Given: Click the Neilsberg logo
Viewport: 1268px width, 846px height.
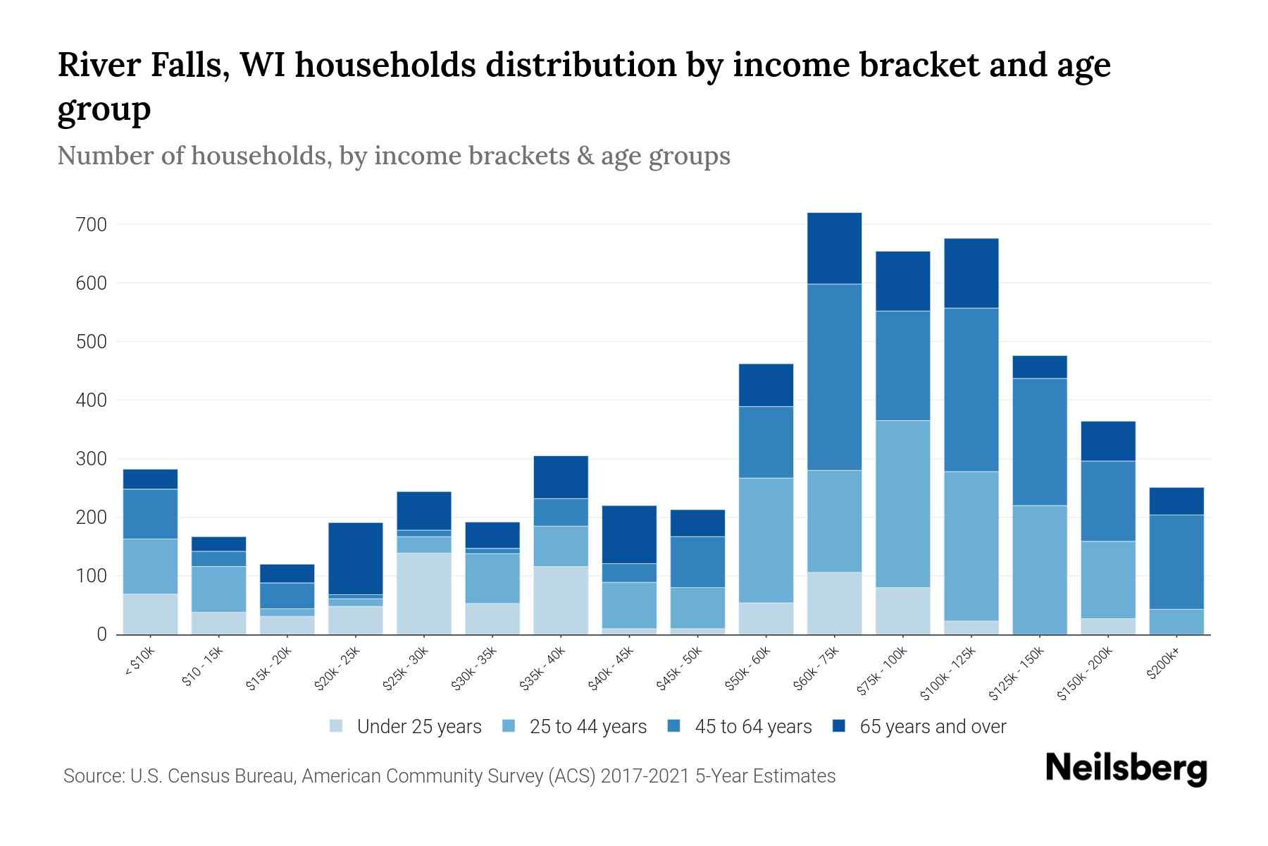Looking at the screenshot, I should [1126, 769].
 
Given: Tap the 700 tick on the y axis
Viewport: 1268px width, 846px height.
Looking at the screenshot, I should [92, 225].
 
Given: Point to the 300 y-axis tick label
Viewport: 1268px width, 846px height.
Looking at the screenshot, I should [92, 459].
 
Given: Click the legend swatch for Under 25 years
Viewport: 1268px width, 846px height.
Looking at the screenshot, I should [336, 726].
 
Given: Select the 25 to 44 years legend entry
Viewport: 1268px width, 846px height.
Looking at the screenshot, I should [588, 726].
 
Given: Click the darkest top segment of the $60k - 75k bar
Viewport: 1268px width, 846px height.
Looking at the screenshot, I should [834, 248].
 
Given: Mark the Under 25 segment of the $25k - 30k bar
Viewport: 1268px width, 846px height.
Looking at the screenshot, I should [423, 594].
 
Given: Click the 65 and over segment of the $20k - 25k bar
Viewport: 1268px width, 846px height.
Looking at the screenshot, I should [355, 558].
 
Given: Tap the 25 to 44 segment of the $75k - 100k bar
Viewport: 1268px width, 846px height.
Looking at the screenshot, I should [902, 504].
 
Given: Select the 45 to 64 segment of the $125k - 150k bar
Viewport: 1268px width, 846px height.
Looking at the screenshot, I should [1039, 442].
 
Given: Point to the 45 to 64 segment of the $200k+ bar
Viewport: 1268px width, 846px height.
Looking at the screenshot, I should [1176, 562].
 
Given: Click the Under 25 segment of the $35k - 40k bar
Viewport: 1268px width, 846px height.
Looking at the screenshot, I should [560, 600].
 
